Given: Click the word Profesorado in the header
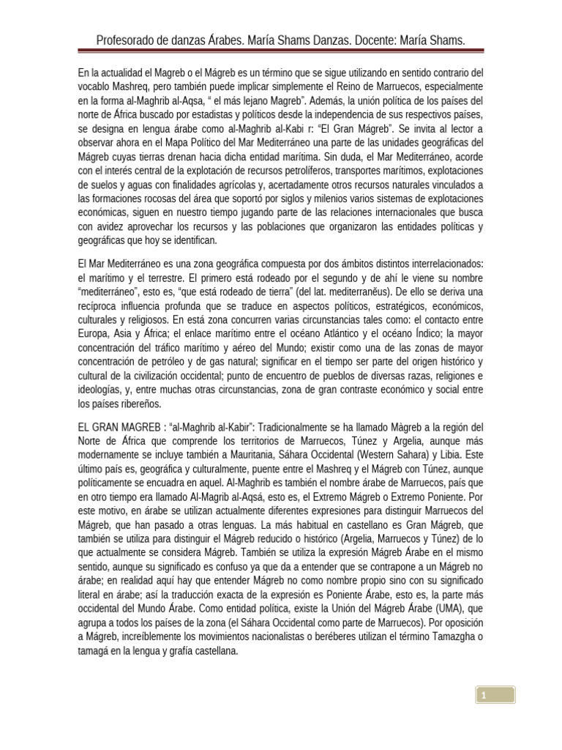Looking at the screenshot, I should click(128, 40).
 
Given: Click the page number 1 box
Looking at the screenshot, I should click(495, 694).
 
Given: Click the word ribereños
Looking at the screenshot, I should click(139, 404).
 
